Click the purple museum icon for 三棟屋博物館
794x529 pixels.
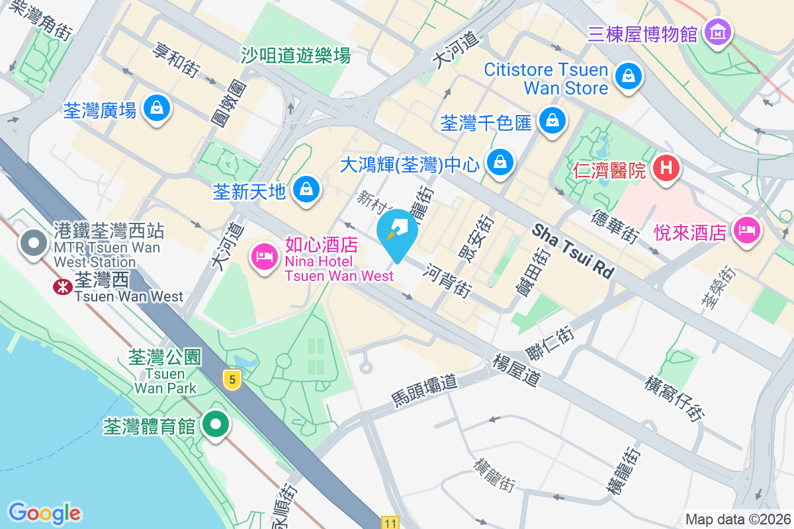point(718,31)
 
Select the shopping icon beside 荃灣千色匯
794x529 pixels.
point(551,120)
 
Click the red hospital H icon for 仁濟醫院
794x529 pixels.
point(667,169)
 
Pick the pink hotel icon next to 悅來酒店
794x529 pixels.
point(746,230)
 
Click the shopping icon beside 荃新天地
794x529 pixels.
point(306,190)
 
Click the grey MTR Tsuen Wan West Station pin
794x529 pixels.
point(32,243)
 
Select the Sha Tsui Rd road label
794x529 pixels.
point(573,250)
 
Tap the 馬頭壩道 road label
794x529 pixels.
point(424,389)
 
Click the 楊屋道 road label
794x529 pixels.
point(517,370)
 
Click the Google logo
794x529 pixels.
point(45,513)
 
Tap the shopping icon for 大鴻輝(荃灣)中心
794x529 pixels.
point(501,163)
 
